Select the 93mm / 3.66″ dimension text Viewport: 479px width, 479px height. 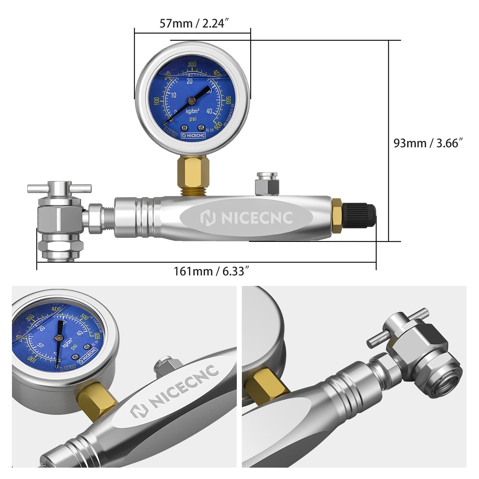click(428, 143)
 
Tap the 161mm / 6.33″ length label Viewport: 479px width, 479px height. click(211, 272)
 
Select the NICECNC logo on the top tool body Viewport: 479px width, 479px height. click(246, 218)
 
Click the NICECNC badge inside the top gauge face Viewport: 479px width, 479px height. click(193, 135)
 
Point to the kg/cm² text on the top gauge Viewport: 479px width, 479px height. click(193, 111)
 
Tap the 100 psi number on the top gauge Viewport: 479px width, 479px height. click(157, 101)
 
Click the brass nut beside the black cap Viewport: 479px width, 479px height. click(337, 216)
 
